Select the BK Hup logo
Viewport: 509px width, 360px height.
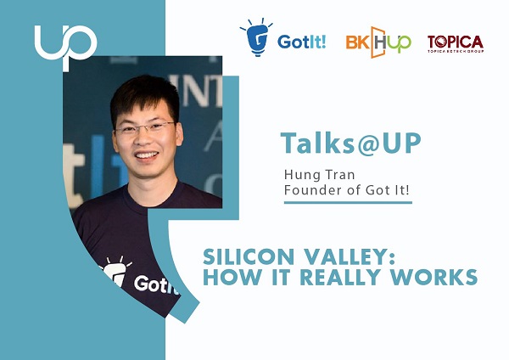tap(378, 41)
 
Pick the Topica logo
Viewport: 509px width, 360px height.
tap(455, 43)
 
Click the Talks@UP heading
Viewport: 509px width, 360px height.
tap(350, 143)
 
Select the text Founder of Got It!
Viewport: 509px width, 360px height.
tap(346, 190)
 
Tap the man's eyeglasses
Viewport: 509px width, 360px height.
tap(144, 127)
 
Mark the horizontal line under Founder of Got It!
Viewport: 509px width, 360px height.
tap(347, 203)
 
